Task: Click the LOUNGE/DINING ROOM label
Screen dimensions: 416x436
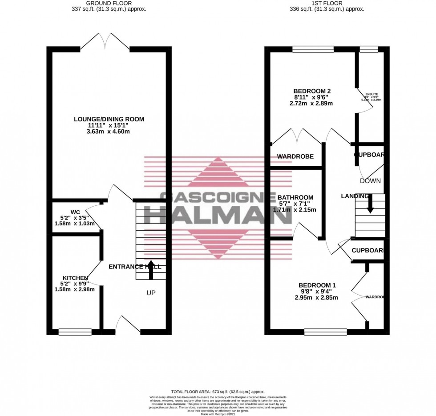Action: [x=109, y=119]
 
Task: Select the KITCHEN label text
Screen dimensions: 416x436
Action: [x=75, y=278]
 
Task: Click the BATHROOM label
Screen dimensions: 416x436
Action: [x=295, y=197]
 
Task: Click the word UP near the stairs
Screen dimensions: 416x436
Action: [x=152, y=293]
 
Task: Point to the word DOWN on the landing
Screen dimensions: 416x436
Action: [x=370, y=181]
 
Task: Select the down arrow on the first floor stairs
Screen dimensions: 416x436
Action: [x=370, y=204]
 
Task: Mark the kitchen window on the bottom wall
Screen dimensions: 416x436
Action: [x=75, y=332]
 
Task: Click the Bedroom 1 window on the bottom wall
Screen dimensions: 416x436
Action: [x=325, y=332]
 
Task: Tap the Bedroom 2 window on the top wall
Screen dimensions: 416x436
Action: [x=313, y=49]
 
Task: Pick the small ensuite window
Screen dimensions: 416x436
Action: [x=368, y=49]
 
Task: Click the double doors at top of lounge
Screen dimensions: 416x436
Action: [x=105, y=42]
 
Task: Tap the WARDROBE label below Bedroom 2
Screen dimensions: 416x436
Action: [x=295, y=156]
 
